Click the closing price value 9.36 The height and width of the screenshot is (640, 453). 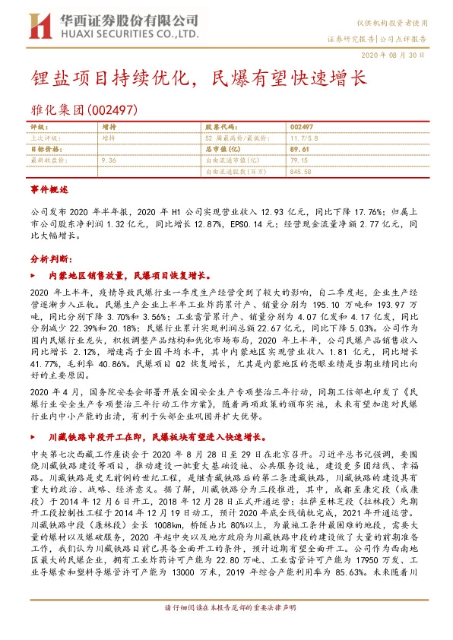point(108,161)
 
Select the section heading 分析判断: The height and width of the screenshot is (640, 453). point(49,259)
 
